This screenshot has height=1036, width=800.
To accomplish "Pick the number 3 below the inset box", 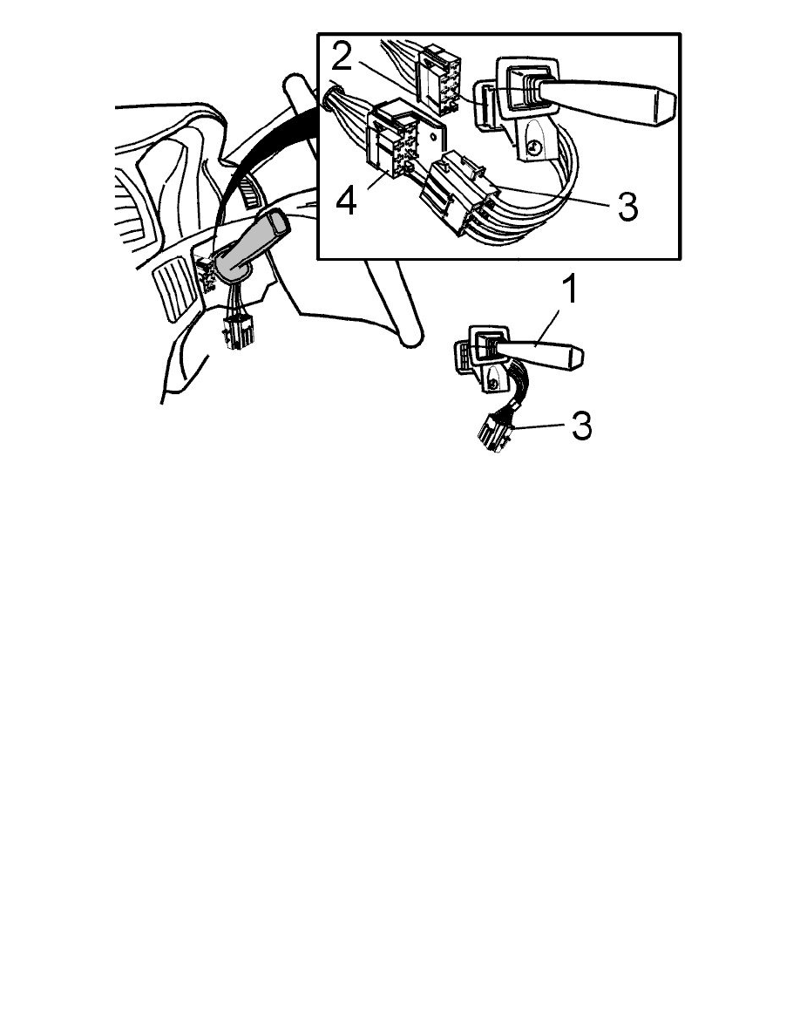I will tap(580, 426).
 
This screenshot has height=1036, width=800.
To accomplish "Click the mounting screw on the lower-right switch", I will tap(493, 381).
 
